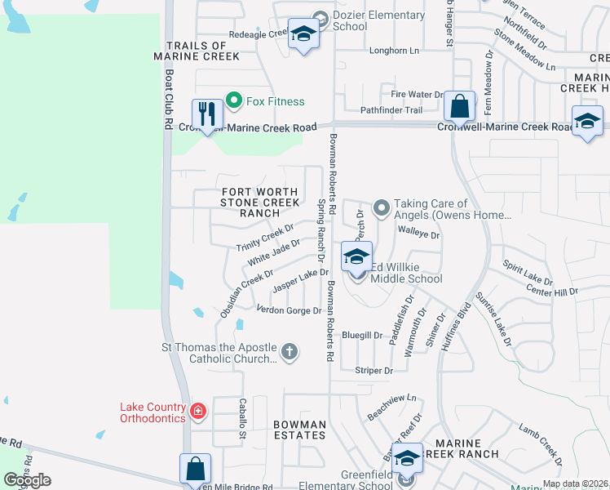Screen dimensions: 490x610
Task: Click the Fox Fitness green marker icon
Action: [x=234, y=101]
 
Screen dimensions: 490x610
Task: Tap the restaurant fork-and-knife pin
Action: [x=206, y=114]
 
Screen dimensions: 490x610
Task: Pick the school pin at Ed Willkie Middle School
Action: [x=356, y=257]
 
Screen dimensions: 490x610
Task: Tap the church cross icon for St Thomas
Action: [x=289, y=352]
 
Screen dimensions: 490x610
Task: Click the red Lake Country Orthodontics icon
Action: [x=198, y=411]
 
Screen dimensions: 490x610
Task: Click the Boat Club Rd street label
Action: [x=170, y=97]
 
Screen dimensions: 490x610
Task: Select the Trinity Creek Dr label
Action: [x=264, y=237]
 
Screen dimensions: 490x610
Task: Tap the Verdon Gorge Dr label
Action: [x=289, y=310]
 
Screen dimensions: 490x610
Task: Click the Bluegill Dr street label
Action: [x=362, y=336]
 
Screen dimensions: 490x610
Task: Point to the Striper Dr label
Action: [x=374, y=371]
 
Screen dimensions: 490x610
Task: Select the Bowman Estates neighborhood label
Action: [x=299, y=430]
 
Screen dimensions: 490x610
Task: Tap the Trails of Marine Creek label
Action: [x=203, y=51]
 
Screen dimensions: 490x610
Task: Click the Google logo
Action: [x=27, y=480]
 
